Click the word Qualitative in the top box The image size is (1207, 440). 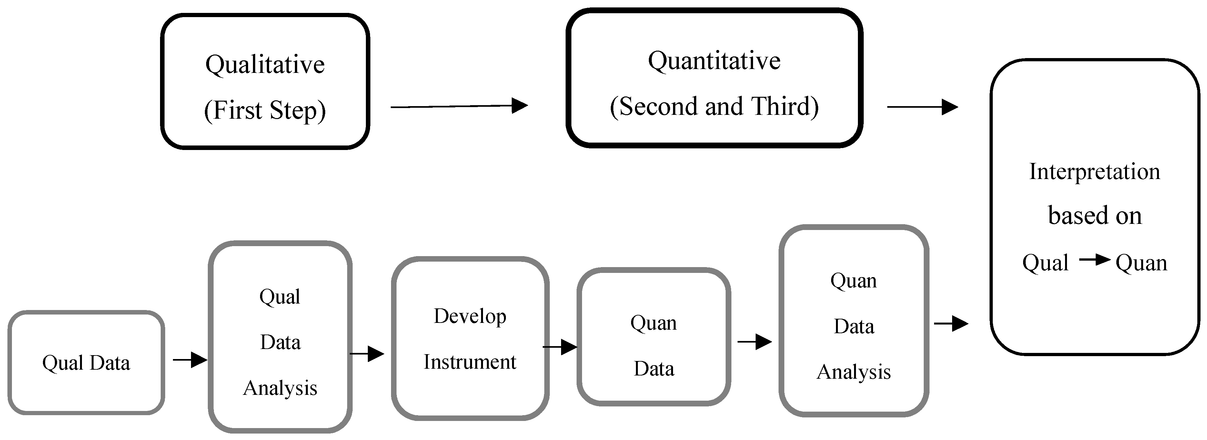tap(265, 65)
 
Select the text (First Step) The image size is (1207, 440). tap(265, 111)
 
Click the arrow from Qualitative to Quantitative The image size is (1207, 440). tap(459, 106)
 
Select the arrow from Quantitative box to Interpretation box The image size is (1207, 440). tap(922, 107)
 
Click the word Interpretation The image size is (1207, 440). tap(1094, 172)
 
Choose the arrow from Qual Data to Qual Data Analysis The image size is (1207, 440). tap(190, 360)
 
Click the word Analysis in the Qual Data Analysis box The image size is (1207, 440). tap(280, 388)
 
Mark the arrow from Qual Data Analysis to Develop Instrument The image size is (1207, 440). tap(367, 354)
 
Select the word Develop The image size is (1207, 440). tap(470, 317)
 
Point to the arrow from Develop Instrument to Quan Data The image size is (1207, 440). tap(560, 347)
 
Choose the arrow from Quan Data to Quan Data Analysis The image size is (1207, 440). tap(754, 342)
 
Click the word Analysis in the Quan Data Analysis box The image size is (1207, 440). tap(854, 372)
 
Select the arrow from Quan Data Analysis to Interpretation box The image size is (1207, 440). tap(951, 323)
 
